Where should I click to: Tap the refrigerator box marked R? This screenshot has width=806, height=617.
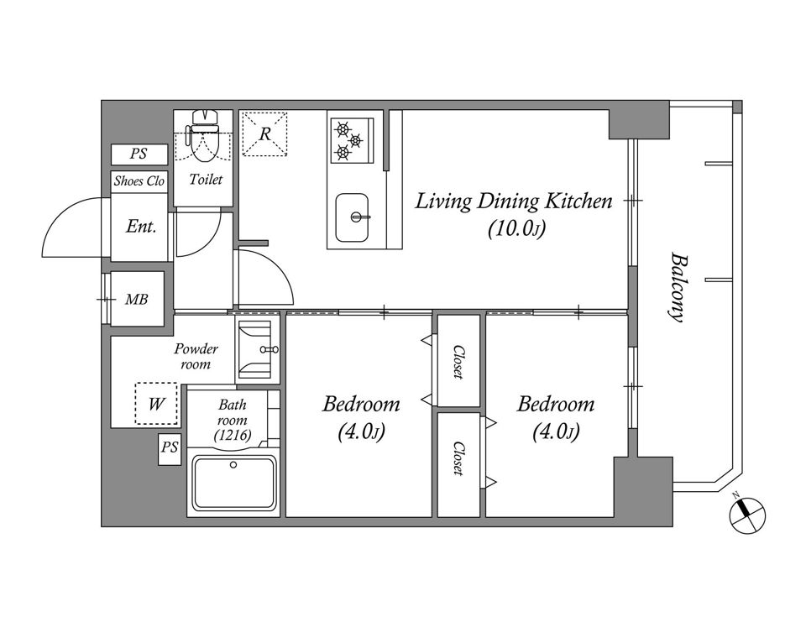264,133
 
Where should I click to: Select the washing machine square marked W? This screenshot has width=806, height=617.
156,404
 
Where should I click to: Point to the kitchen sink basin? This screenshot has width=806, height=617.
352,217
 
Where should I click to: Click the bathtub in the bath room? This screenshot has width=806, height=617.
233,483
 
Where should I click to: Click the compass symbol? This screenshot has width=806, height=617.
748,515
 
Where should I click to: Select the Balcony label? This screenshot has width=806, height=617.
678,287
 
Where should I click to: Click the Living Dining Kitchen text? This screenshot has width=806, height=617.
514,201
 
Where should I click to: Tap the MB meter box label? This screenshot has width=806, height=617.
137,299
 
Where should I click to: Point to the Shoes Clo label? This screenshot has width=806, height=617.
139,181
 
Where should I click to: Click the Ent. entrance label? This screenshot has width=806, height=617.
141,227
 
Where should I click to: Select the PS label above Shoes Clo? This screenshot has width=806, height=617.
139,154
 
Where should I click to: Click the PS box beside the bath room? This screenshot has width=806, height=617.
170,450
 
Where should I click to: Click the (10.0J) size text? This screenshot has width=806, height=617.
516,228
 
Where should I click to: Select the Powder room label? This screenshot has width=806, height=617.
196,356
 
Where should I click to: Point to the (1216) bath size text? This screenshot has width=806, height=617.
233,436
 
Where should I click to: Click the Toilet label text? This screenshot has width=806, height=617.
206,179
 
